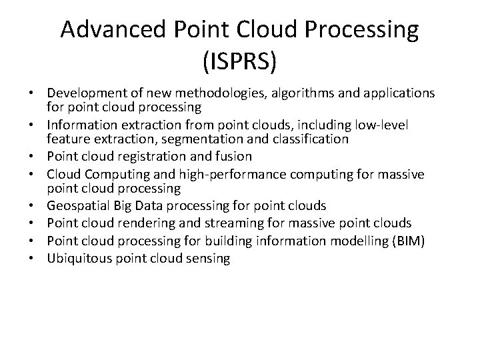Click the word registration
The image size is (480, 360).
(x=147, y=157)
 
